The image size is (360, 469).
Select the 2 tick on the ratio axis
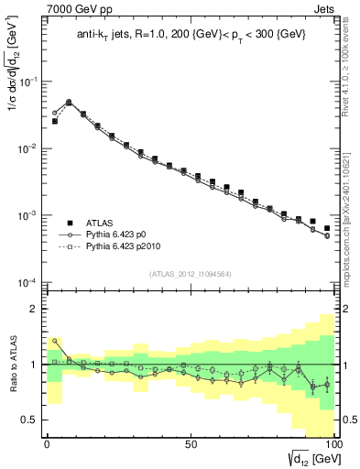coord(36,309)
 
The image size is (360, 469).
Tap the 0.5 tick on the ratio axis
coord(33,420)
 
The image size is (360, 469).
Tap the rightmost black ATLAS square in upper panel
coord(327,228)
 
